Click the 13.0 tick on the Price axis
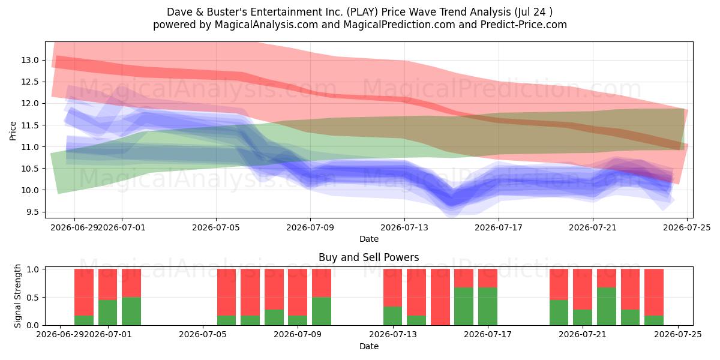pos(30,61)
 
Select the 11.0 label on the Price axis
pos(30,147)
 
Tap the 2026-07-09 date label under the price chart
pos(310,227)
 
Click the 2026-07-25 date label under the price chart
pos(687,227)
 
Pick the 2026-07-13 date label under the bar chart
pos(393,335)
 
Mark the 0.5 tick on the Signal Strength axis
pos(32,298)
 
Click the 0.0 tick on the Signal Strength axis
pos(32,326)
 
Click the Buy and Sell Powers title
pos(368,257)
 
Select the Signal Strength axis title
pos(17,296)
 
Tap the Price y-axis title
pos(13,131)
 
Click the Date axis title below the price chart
pos(368,239)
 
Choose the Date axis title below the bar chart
pos(368,346)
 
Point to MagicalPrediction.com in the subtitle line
pos(399,25)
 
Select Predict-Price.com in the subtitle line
pos(524,25)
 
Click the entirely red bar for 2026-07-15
pos(440,297)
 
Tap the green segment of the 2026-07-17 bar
pos(488,307)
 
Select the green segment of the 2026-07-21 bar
pos(583,317)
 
